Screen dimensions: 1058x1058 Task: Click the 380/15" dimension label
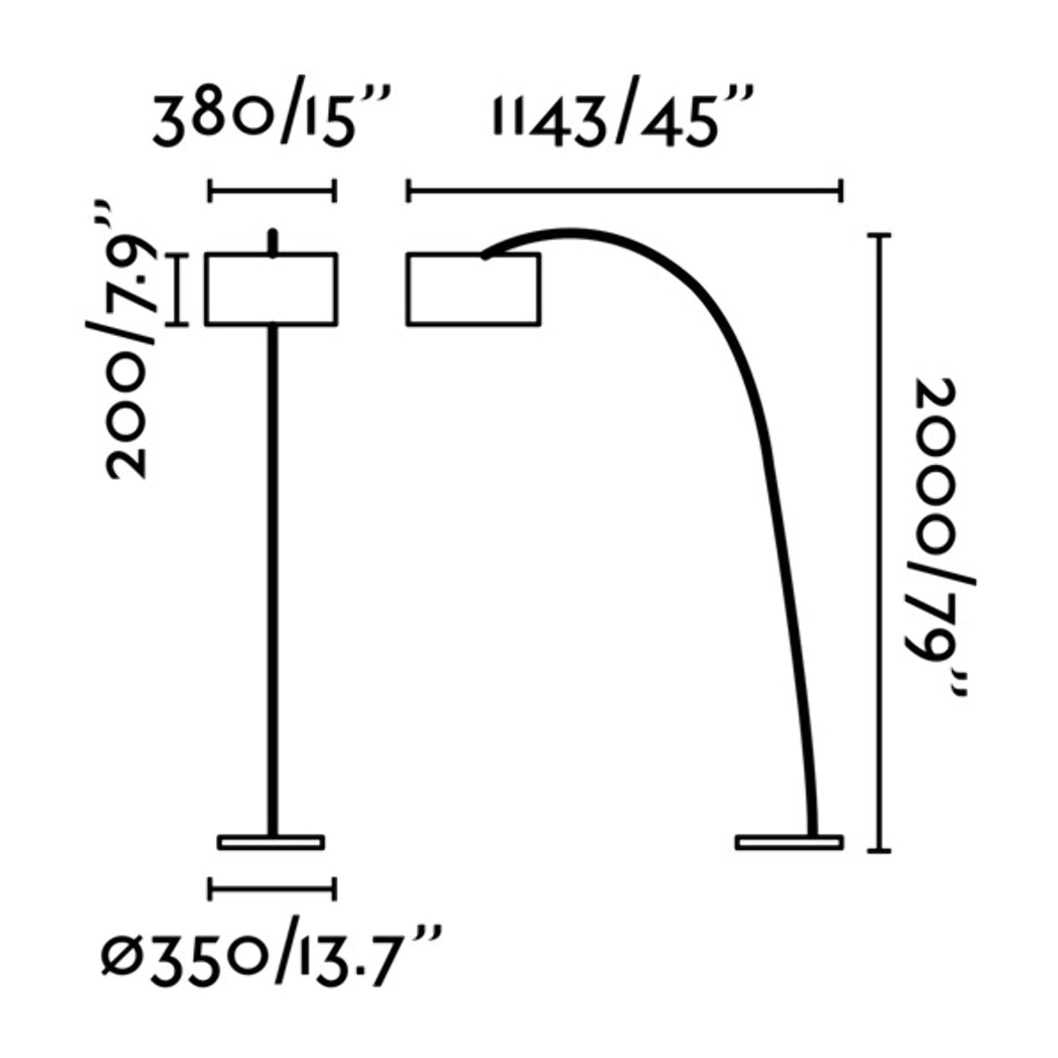point(272,122)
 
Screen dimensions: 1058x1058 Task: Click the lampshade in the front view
point(272,289)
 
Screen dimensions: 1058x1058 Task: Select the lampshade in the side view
point(473,289)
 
